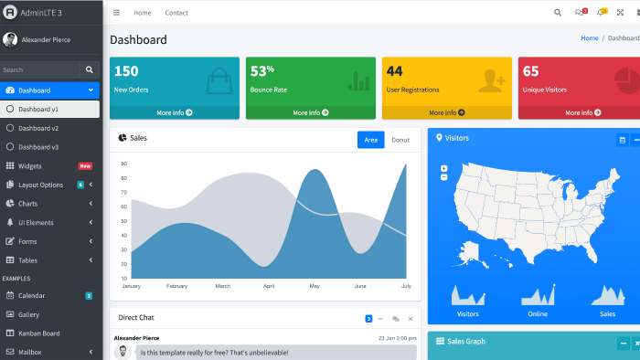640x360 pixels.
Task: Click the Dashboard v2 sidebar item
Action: (38, 128)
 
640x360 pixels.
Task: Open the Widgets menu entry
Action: (30, 166)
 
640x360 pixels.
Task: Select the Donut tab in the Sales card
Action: (400, 140)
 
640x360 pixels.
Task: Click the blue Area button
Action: (370, 140)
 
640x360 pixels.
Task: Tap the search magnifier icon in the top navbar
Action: (557, 13)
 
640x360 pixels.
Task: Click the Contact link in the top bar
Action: (176, 13)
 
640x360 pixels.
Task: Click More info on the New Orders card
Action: (175, 112)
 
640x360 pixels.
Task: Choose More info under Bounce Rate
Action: (311, 112)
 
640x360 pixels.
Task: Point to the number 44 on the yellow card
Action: (394, 71)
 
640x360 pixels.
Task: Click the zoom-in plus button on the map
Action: (444, 168)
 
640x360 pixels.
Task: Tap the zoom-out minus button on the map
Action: (444, 177)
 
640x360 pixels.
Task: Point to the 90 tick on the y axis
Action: (124, 164)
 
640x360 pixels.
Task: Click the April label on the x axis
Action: (269, 286)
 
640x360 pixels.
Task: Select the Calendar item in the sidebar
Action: (31, 295)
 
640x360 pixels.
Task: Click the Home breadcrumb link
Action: (590, 37)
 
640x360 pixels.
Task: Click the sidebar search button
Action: (90, 69)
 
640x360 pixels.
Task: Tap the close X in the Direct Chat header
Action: (411, 319)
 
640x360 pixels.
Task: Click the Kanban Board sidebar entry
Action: (38, 334)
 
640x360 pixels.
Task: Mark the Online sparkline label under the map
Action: (538, 314)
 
